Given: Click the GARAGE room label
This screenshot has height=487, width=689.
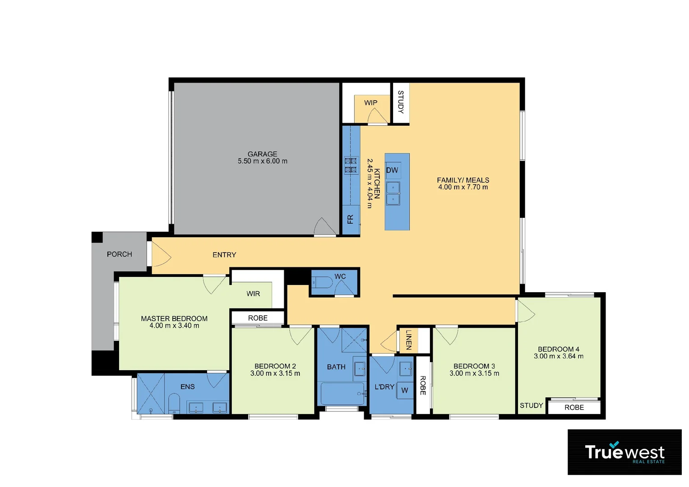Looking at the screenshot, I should click(262, 154).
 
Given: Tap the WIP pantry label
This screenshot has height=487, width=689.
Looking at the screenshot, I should click(370, 103).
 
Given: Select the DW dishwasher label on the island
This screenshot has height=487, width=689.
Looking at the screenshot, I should click(392, 170).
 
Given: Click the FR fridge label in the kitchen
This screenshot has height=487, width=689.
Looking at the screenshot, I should click(350, 220).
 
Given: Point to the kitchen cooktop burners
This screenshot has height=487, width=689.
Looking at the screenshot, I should click(351, 165).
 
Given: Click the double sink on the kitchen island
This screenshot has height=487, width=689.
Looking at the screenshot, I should click(393, 193).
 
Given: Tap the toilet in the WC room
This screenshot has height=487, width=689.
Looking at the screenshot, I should click(322, 283).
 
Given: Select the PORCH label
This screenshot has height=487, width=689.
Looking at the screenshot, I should click(120, 254).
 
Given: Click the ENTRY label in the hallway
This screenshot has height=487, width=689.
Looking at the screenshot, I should click(224, 255).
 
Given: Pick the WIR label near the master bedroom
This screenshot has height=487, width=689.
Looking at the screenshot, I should click(253, 294).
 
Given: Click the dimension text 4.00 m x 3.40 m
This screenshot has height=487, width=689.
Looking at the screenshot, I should click(174, 326).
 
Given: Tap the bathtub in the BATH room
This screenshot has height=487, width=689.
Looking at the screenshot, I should click(342, 394).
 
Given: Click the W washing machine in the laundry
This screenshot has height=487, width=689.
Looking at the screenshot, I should click(405, 391).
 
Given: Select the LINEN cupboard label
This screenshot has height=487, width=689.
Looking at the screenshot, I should click(409, 340).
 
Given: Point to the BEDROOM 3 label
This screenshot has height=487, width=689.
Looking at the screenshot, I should click(474, 366).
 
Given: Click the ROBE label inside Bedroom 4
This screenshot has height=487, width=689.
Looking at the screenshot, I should click(574, 407).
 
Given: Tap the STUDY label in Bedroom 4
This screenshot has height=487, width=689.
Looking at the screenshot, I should click(531, 405).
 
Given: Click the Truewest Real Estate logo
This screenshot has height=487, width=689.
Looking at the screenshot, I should click(624, 452).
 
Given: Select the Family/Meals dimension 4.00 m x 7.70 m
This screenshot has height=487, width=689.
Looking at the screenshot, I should click(463, 187).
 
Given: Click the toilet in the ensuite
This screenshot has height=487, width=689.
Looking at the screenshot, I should click(174, 403).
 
